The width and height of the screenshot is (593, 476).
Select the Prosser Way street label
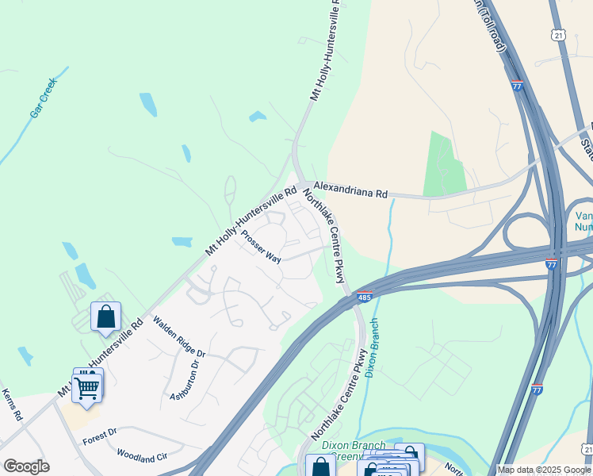pyautogui.click(x=261, y=247)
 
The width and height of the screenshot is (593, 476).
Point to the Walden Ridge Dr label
pyautogui.click(x=179, y=336)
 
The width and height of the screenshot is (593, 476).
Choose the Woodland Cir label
pyautogui.click(x=142, y=456)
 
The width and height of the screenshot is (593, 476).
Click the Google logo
pyautogui.click(x=26, y=466)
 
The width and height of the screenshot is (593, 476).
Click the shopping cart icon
pyautogui.click(x=87, y=387)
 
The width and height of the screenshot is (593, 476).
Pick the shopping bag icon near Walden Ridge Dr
pyautogui.click(x=105, y=317)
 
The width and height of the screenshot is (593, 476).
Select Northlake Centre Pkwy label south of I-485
pyautogui.click(x=340, y=394)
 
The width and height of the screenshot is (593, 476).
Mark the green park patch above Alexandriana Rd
pyautogui.click(x=443, y=163)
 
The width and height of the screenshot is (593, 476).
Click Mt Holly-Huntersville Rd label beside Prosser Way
pyautogui.click(x=251, y=221)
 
